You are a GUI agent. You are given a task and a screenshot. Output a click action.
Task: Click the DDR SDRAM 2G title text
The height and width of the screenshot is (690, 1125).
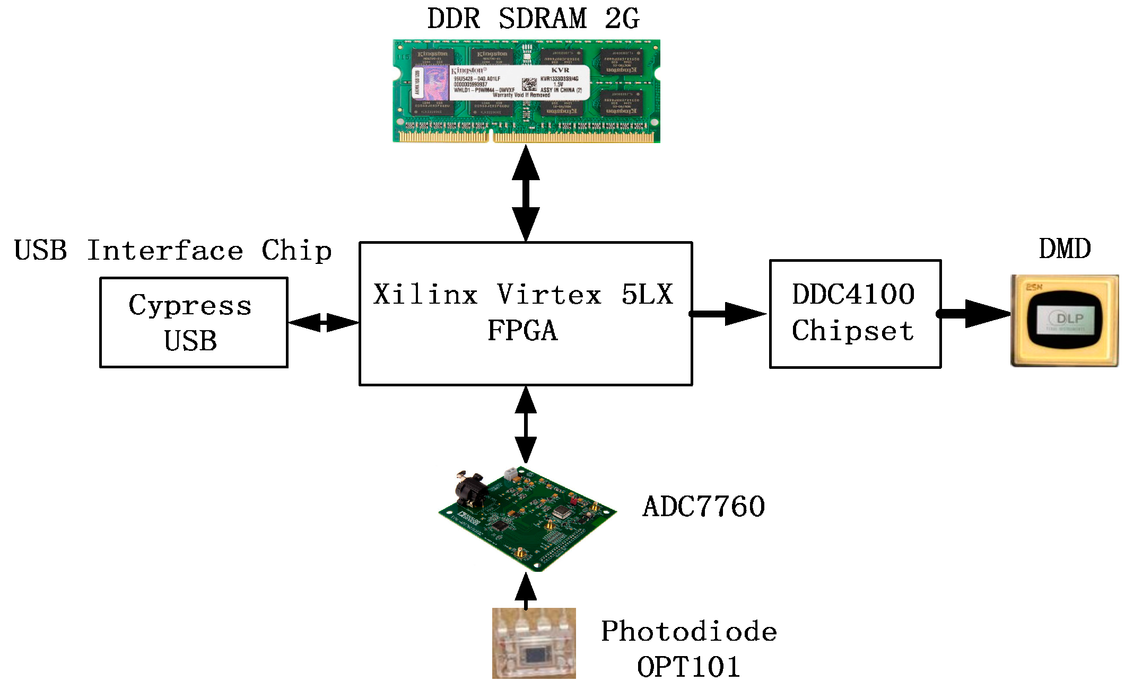[533, 19]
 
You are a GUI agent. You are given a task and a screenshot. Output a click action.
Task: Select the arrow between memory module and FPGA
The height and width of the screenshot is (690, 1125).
[526, 193]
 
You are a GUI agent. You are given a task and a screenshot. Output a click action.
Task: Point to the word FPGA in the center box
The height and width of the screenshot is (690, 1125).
[522, 331]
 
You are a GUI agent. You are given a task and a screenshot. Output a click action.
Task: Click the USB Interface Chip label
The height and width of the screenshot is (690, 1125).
[173, 251]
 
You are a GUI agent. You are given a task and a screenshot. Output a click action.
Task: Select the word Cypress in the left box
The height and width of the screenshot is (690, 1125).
[190, 306]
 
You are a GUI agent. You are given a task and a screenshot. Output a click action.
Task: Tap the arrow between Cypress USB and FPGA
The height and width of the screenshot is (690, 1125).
[324, 322]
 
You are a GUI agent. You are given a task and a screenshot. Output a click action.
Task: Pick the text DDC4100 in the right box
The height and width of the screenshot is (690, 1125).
[853, 294]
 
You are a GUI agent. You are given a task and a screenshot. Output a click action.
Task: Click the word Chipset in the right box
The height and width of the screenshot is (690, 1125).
[853, 331]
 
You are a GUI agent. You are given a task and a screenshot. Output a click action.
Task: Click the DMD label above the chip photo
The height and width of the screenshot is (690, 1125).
[1065, 249]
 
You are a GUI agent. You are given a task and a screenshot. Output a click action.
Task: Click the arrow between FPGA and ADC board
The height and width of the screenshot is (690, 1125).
[526, 424]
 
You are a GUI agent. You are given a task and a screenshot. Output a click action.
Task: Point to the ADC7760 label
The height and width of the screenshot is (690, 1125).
[704, 507]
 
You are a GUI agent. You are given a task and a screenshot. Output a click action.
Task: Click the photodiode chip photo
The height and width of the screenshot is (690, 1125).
[534, 643]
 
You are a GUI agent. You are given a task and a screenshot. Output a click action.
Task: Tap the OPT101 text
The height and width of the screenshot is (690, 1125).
[688, 667]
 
